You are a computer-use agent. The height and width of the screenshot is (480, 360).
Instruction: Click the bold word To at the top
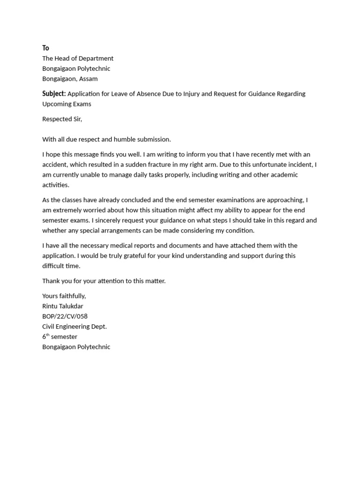[x=45, y=48]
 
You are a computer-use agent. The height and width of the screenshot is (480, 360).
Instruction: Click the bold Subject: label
[x=54, y=94]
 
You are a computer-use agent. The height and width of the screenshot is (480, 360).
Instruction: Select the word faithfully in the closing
[x=72, y=296]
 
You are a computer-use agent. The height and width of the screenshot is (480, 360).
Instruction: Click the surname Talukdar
[x=70, y=307]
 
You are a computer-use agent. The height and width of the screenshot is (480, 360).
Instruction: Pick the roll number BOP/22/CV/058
[x=65, y=316]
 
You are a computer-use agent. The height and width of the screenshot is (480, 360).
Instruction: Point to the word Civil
[x=49, y=327]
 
